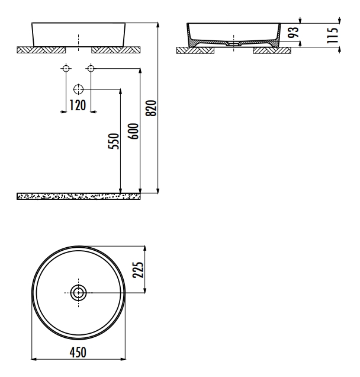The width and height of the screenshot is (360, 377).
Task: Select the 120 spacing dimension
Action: (x=78, y=106)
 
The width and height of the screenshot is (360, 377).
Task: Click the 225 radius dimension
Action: (x=137, y=270)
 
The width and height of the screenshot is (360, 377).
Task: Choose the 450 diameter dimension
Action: (x=78, y=352)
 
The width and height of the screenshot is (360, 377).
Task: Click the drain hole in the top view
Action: (x=79, y=292)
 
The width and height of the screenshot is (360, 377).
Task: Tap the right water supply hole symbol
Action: (x=91, y=69)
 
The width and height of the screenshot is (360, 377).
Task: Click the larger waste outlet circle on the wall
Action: (x=78, y=90)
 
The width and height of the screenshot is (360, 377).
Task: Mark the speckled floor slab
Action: (x=79, y=196)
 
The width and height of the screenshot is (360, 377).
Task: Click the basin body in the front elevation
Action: (x=79, y=34)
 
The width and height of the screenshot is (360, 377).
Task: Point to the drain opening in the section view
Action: (x=234, y=44)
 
